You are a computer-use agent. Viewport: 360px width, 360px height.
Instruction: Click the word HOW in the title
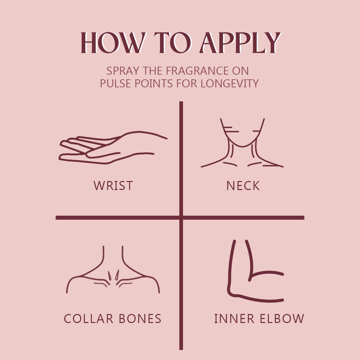point(113,43)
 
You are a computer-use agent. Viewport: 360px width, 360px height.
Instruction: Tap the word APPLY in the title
point(240,43)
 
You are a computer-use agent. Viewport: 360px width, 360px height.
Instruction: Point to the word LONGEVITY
point(230,83)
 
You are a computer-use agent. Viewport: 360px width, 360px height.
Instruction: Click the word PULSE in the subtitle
point(115,83)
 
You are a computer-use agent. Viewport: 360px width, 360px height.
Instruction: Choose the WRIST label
point(113,186)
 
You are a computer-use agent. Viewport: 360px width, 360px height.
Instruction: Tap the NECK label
point(243,186)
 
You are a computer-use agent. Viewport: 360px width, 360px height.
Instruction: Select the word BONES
point(140,319)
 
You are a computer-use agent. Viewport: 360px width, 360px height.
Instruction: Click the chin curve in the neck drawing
point(242,146)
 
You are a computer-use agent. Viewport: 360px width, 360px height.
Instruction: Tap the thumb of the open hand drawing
point(103,155)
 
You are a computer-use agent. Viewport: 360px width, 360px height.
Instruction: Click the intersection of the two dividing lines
point(181,218)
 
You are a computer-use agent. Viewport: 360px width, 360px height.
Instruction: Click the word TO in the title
point(172,43)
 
